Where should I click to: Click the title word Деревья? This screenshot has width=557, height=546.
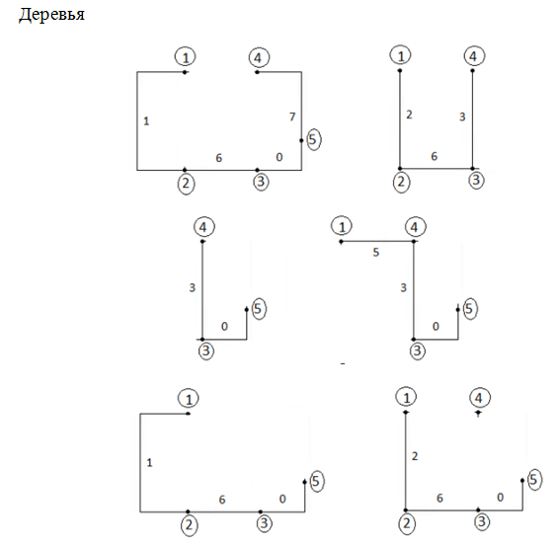click(52, 15)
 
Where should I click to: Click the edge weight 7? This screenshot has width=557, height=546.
click(292, 117)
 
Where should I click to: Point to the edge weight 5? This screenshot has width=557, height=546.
click(376, 252)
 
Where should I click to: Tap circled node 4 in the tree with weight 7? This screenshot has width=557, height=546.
click(259, 57)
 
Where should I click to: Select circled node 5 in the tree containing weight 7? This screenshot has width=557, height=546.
click(313, 139)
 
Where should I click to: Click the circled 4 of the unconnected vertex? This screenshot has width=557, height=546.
click(480, 398)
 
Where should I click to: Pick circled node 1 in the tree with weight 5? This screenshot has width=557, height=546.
click(342, 226)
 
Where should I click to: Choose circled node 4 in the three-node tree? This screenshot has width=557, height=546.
click(204, 227)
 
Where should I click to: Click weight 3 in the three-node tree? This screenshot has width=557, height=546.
click(193, 287)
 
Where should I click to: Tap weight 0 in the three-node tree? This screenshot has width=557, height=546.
click(224, 326)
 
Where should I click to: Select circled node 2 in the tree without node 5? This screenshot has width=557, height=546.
click(401, 182)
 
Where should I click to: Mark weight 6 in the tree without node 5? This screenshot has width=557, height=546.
click(435, 156)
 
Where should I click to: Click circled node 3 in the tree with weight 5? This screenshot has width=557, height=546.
click(417, 351)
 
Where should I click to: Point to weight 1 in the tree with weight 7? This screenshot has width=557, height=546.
click(146, 121)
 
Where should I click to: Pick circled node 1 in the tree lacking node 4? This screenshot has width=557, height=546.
click(189, 399)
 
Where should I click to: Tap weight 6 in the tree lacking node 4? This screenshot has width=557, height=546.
click(222, 500)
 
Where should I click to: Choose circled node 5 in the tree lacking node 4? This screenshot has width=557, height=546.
click(316, 481)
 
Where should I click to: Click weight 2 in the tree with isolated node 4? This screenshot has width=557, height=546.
click(415, 456)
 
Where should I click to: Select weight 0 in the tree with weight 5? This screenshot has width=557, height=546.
click(436, 326)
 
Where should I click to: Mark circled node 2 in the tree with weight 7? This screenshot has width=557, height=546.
click(186, 184)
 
